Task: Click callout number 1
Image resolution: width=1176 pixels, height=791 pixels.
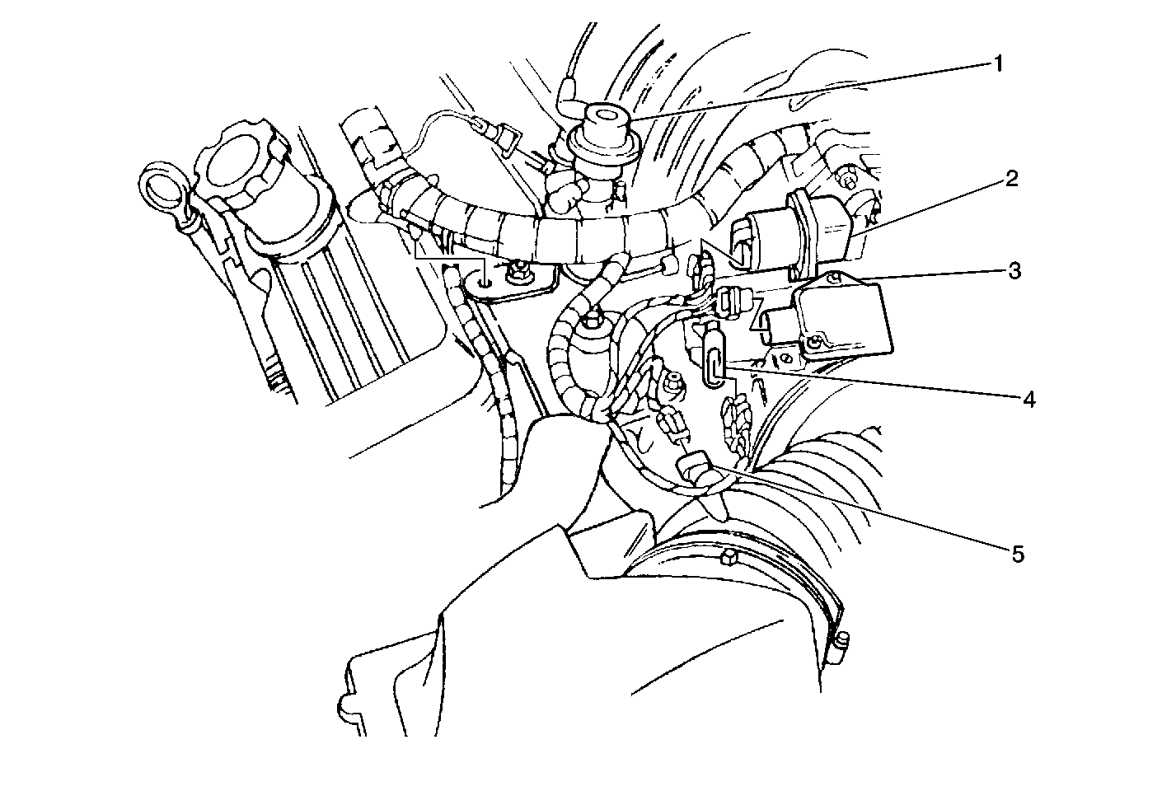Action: point(997,65)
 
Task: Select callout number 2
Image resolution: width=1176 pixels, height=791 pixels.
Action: point(1010,180)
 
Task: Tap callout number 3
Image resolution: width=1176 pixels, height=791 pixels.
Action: point(1014,271)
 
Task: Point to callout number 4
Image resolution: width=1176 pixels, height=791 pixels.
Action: point(1028,400)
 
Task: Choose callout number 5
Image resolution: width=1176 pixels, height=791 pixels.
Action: point(1018,555)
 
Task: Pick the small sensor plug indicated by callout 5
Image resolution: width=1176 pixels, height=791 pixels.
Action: point(694,466)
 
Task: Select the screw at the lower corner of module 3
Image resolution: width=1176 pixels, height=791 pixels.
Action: point(813,344)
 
